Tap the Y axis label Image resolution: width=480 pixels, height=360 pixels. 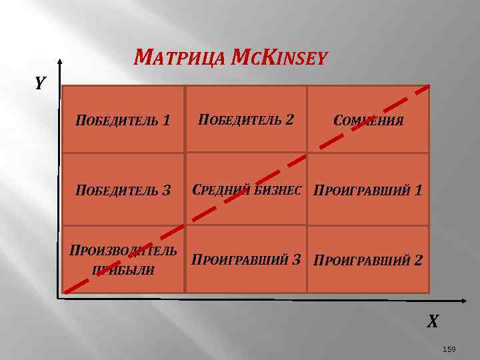coord(41,83)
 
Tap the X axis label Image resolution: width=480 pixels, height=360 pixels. coord(433,322)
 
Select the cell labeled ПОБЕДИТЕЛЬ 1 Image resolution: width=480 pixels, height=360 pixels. coord(123,120)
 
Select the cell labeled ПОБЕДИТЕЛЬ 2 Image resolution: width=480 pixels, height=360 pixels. coord(246,120)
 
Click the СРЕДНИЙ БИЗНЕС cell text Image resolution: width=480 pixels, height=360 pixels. coord(247,191)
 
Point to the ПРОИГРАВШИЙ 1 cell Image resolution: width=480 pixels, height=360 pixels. coord(368,191)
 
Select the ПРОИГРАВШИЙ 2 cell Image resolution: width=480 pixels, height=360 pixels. coord(368,259)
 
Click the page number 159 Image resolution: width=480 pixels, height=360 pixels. coord(449,349)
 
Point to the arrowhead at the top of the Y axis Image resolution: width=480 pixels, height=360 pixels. coord(59,62)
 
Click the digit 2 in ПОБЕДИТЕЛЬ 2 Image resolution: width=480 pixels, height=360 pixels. coord(289,120)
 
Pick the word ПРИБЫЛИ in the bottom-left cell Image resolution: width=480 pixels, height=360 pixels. coord(123,270)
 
